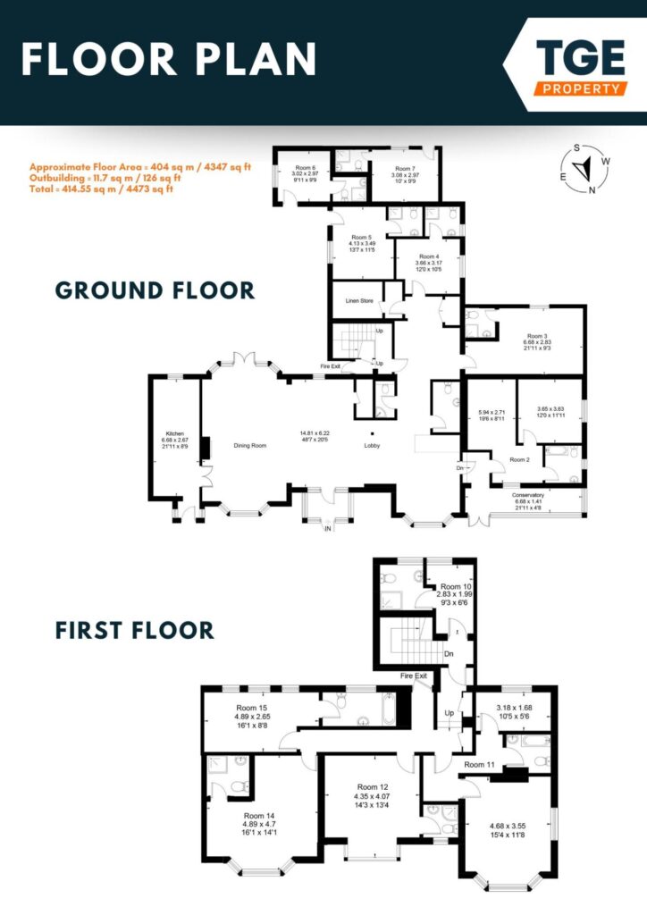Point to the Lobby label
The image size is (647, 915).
coord(373,445)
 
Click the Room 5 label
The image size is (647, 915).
coord(359,237)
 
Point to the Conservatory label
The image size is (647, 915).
coord(528,494)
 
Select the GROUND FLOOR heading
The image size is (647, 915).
coord(155,290)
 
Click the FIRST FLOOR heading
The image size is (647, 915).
coord(135,630)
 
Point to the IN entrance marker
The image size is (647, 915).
coord(328,529)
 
